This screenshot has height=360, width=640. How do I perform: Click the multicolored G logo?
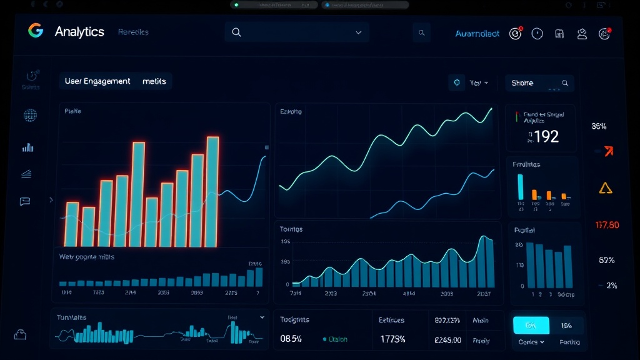[36, 31]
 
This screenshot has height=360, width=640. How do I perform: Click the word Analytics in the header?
[79, 32]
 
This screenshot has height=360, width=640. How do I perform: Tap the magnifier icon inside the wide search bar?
[236, 32]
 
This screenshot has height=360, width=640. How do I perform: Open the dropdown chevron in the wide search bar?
[358, 32]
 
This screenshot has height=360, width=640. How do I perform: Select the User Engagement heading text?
[97, 81]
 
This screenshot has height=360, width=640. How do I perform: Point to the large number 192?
[546, 136]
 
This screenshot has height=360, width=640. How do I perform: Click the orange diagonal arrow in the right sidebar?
[607, 151]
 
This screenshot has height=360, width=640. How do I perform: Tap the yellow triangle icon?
[605, 188]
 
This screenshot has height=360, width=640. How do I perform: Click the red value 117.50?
[607, 225]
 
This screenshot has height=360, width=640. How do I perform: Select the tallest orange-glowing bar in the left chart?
[212, 191]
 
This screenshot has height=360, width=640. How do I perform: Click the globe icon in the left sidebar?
[30, 115]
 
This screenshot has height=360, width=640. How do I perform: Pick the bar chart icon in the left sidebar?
[28, 147]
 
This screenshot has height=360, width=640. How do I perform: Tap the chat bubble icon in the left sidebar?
[26, 201]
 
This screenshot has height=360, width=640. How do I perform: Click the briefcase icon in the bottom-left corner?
[21, 334]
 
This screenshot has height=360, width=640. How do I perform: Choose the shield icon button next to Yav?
[457, 82]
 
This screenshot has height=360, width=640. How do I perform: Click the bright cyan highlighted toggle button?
[531, 325]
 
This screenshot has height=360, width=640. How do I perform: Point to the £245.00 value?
[447, 340]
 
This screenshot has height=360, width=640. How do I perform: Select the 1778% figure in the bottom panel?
[392, 339]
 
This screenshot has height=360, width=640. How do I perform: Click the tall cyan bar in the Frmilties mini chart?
[520, 187]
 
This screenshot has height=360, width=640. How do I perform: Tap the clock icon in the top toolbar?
[537, 34]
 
